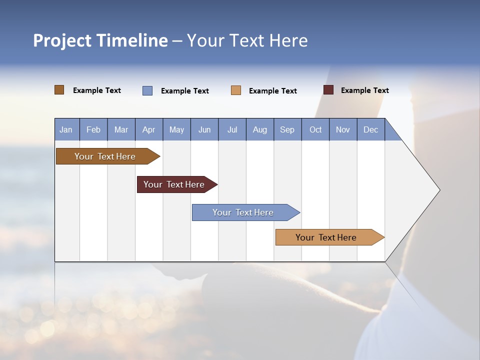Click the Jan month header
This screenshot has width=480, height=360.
(x=66, y=129)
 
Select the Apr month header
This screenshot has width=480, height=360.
(x=149, y=129)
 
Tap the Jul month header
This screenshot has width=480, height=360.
(x=232, y=129)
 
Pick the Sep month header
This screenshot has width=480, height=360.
(x=287, y=129)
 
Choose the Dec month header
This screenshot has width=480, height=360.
(x=370, y=129)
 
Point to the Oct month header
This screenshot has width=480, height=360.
(x=315, y=129)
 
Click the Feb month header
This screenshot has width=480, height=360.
(x=93, y=129)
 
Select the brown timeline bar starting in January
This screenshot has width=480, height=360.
(x=105, y=156)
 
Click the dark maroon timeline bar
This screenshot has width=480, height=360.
(x=174, y=184)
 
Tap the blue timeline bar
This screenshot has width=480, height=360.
(x=243, y=212)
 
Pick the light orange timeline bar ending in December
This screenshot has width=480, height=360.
(x=326, y=237)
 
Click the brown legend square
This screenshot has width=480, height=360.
(x=59, y=90)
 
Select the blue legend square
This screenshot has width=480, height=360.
(x=147, y=90)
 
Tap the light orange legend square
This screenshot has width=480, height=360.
(x=236, y=90)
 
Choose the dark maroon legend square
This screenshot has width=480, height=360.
(x=328, y=90)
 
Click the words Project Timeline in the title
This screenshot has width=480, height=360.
(x=100, y=40)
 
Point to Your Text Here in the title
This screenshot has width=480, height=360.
(x=247, y=40)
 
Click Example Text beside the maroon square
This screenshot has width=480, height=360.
(x=364, y=90)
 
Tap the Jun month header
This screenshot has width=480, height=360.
(x=204, y=129)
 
